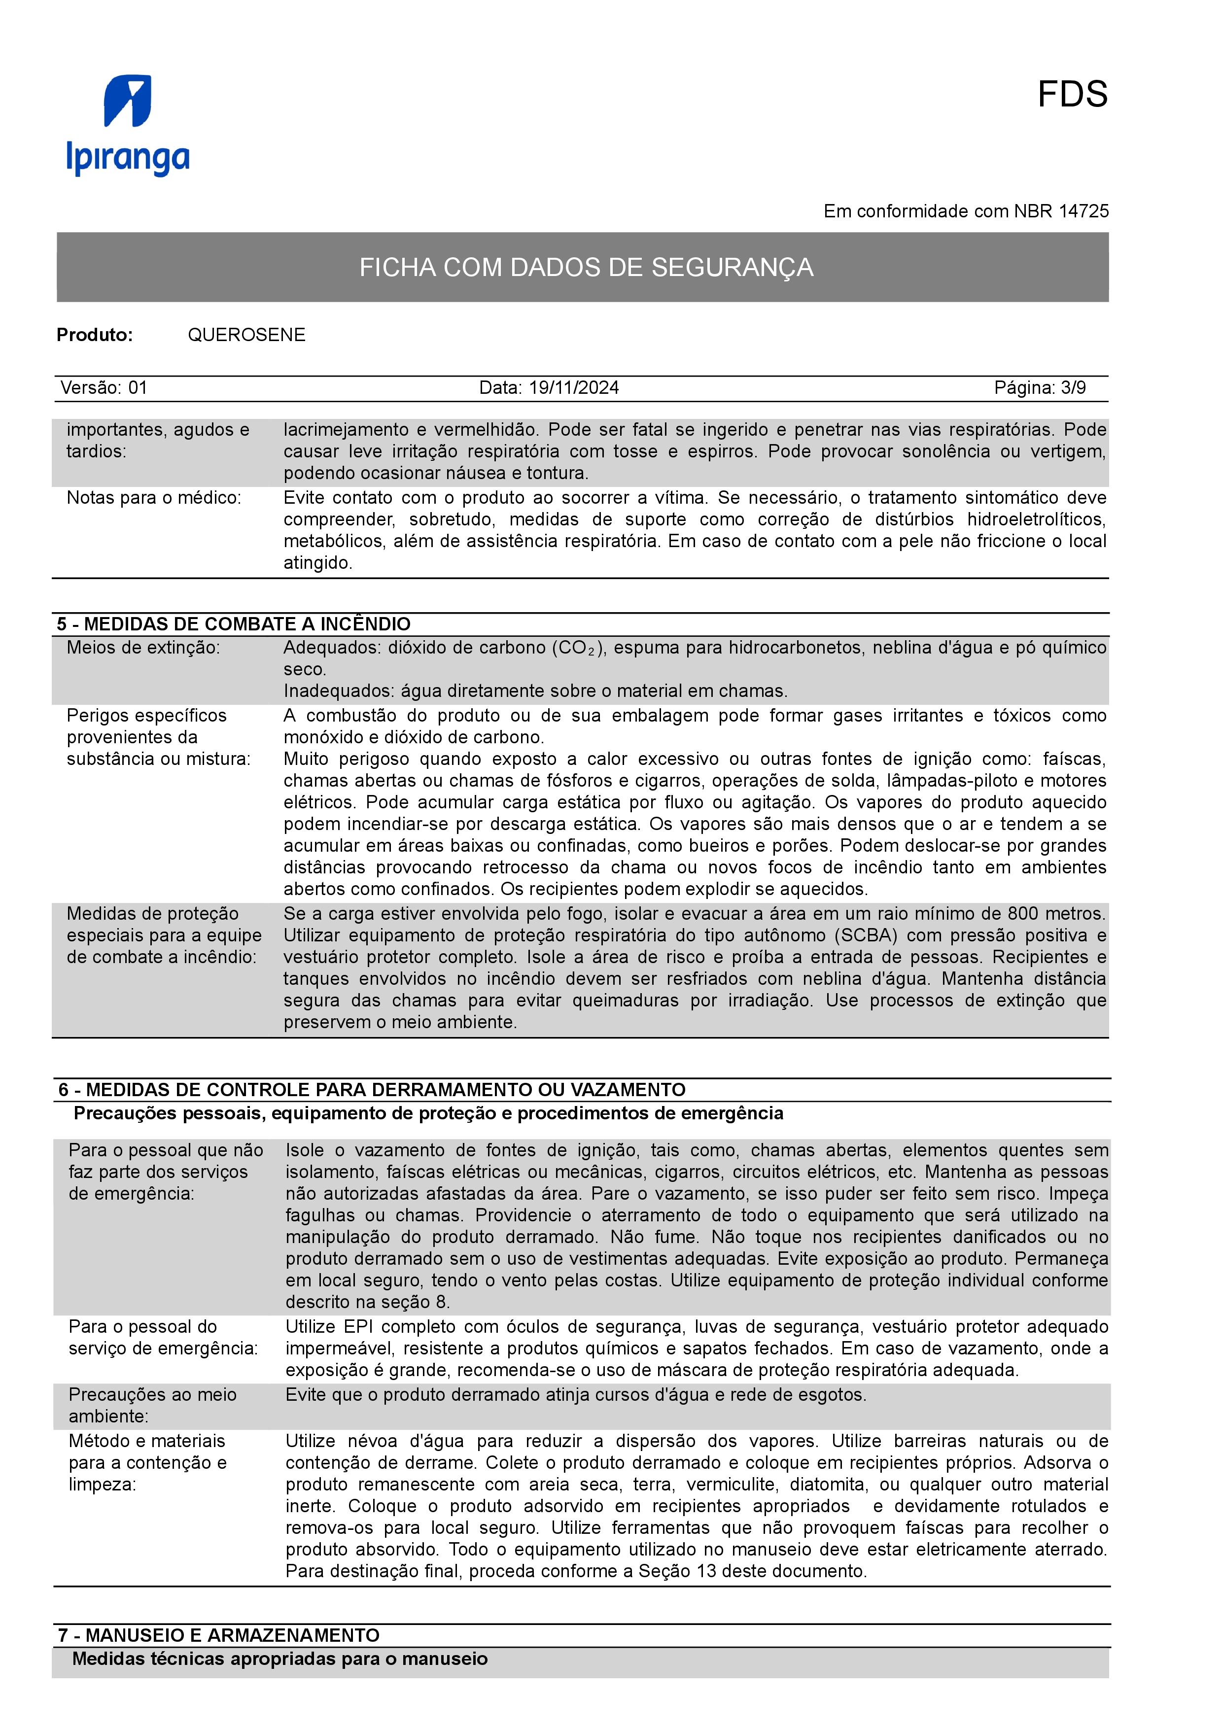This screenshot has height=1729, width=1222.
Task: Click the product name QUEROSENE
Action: [x=246, y=335]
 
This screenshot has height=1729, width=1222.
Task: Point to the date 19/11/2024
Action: [x=574, y=388]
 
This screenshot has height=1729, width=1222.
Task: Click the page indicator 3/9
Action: [x=1073, y=388]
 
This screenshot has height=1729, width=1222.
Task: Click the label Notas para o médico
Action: [x=154, y=498]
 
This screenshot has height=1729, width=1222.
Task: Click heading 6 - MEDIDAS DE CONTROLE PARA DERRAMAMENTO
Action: [x=372, y=1090]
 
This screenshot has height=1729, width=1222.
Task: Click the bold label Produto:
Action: [x=94, y=335]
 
